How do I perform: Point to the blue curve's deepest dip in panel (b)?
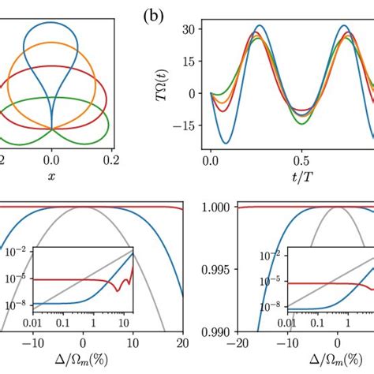(x=227, y=143)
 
